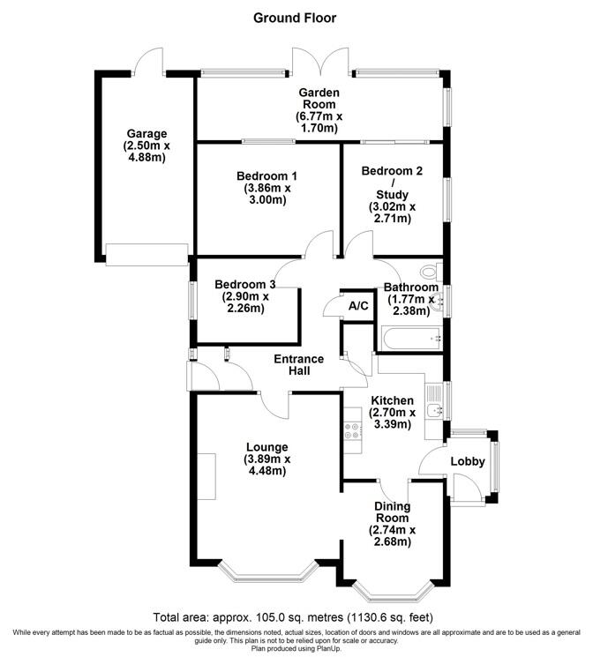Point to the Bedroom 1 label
pyautogui.click(x=266, y=175)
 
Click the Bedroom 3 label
pyautogui.click(x=246, y=285)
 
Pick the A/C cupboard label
pyautogui.click(x=358, y=306)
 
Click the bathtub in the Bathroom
pyautogui.click(x=409, y=337)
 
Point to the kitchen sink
pyautogui.click(x=433, y=411)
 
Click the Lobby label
pyautogui.click(x=468, y=461)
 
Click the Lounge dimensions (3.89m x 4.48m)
pyautogui.click(x=266, y=465)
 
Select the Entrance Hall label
pyautogui.click(x=298, y=365)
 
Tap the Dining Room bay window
pyautogui.click(x=392, y=588)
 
